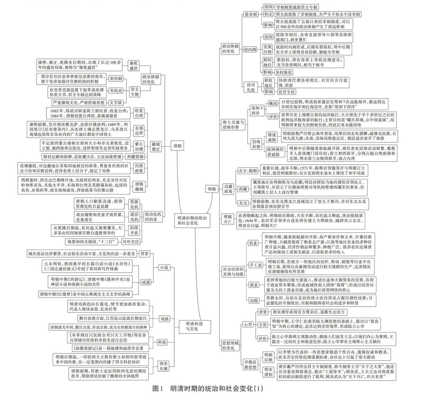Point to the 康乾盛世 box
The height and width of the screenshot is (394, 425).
click(x=133, y=65)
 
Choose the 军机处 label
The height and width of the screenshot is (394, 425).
click(x=116, y=91)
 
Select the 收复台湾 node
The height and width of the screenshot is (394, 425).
click(x=139, y=113)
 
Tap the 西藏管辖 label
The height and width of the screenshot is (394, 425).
click(x=135, y=157)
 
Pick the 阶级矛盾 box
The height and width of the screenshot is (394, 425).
click(x=134, y=230)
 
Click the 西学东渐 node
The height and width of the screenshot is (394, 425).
click(x=163, y=366)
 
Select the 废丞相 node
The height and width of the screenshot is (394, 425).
click(x=251, y=14)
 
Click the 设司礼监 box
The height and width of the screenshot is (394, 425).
click(x=251, y=87)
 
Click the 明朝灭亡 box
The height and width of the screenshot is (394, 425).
click(x=228, y=219)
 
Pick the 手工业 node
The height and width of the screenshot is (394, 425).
click(x=255, y=265)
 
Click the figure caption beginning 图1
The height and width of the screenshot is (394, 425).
click(x=208, y=388)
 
